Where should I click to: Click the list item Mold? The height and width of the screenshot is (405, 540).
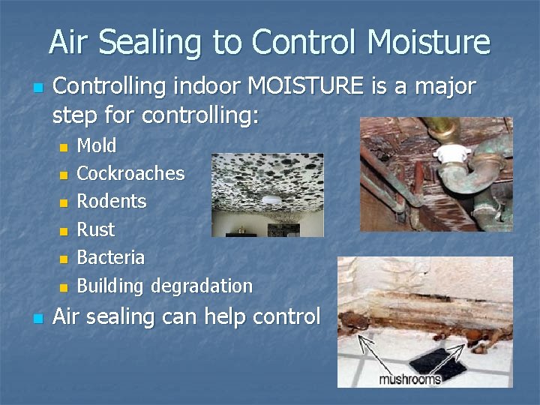pyautogui.click(x=97, y=145)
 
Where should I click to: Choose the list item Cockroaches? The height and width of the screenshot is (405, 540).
pyautogui.click(x=130, y=173)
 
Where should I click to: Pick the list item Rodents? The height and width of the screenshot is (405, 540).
pyautogui.click(x=112, y=202)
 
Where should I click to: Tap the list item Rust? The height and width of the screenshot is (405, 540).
pyautogui.click(x=96, y=229)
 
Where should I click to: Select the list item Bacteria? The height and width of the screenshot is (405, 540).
pyautogui.click(x=111, y=257)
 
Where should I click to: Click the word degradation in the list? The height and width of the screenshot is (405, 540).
pyautogui.click(x=202, y=286)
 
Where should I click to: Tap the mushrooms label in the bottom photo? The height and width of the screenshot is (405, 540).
pyautogui.click(x=409, y=379)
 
